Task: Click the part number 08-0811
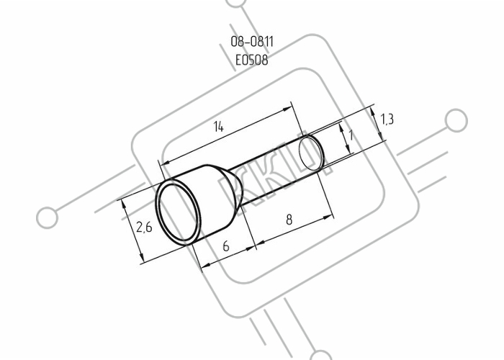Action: (x=252, y=42)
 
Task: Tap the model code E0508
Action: (x=252, y=60)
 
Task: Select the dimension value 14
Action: (x=218, y=127)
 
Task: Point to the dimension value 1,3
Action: (x=387, y=120)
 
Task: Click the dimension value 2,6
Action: (x=144, y=228)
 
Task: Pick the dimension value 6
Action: (x=226, y=246)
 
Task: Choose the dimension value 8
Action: (x=289, y=220)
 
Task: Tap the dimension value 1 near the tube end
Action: (x=351, y=135)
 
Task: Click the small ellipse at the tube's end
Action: (x=310, y=153)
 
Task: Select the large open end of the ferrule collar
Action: (x=177, y=212)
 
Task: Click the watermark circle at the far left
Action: (x=48, y=217)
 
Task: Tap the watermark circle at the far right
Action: (x=456, y=120)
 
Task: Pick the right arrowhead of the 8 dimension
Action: (x=328, y=217)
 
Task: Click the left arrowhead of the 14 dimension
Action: (x=165, y=163)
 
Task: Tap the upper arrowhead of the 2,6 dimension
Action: (x=123, y=204)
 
